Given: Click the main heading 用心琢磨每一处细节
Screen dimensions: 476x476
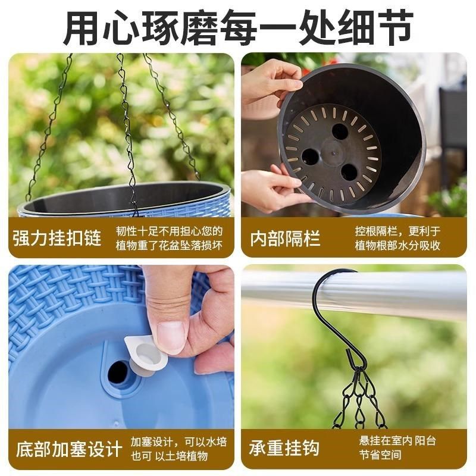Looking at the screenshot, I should pyautogui.click(x=238, y=27).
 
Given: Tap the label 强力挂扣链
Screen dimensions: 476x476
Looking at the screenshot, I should pyautogui.click(x=57, y=239).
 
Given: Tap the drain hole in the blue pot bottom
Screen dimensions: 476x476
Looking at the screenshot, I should pyautogui.click(x=118, y=372).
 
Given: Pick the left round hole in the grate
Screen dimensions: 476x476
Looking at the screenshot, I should pyautogui.click(x=310, y=156).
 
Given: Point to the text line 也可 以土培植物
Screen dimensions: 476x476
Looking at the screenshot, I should pyautogui.click(x=170, y=456).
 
